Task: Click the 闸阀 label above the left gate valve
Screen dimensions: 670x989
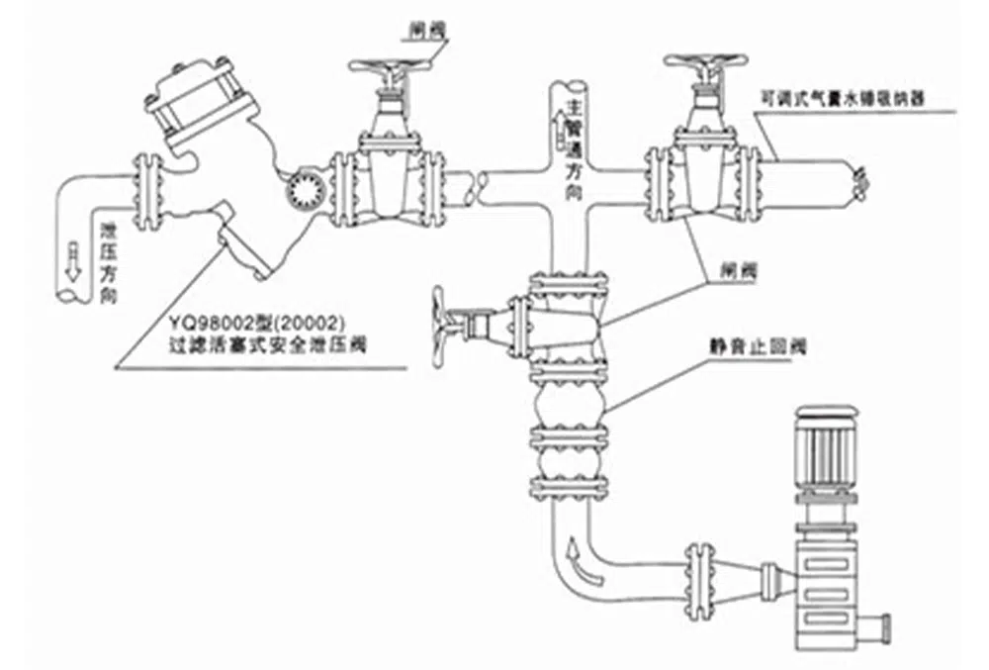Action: click(x=426, y=31)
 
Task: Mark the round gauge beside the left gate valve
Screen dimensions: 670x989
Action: click(x=302, y=189)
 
